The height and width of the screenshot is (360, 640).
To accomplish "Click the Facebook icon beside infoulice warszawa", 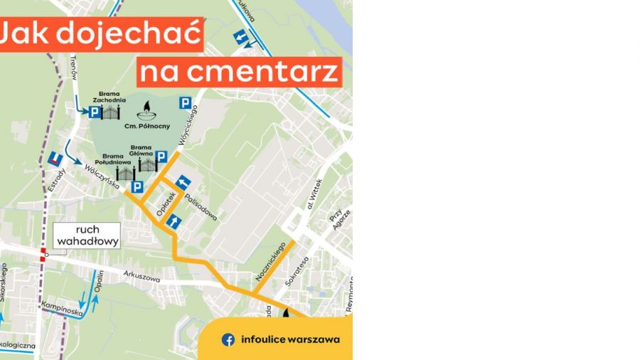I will (x=228, y=339).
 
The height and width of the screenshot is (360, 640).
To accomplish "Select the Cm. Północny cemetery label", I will (x=148, y=126).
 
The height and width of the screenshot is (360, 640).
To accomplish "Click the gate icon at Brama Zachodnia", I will (x=111, y=111).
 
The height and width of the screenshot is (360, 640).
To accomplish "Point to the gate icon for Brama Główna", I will (x=147, y=164).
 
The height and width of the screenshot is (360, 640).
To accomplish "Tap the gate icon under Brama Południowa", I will (x=125, y=173).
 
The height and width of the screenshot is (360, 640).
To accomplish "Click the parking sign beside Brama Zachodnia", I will (x=95, y=112).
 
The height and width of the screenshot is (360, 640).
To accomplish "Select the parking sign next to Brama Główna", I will (x=161, y=157).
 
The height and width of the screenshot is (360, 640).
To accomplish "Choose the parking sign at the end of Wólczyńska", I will (x=137, y=187).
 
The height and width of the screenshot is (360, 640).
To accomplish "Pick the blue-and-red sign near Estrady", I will (x=55, y=159).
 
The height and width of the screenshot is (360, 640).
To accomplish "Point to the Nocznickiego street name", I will (x=271, y=261).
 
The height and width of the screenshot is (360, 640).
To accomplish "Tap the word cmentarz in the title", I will (x=240, y=72).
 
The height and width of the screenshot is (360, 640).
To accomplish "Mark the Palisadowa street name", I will (x=201, y=204).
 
